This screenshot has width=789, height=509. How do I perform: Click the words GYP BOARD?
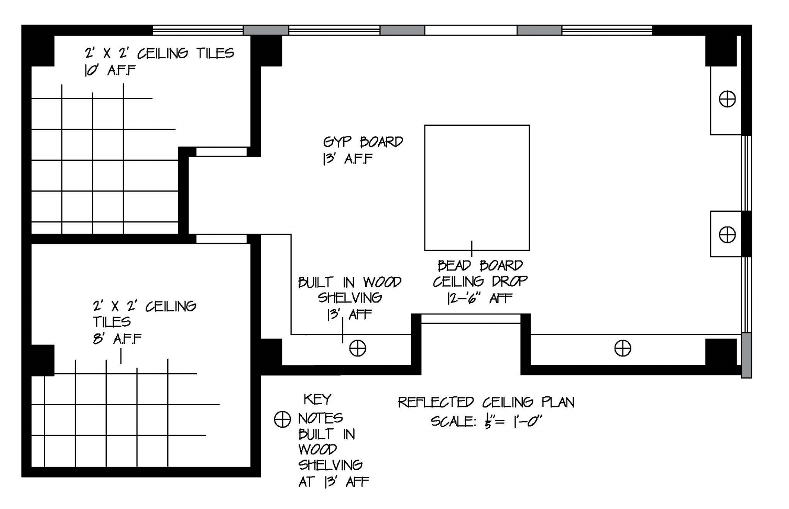363,142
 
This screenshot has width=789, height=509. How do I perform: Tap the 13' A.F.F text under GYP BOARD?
347,159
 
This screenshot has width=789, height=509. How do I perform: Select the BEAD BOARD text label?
480,265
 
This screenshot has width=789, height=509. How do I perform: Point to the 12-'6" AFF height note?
479,298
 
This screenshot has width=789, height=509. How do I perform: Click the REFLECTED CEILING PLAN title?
486,403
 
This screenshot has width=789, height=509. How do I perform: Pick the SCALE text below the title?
486,421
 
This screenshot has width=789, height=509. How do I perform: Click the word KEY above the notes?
317,399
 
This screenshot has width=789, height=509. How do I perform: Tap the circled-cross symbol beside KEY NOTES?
282,419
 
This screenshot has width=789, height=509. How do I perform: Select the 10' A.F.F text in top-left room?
109,70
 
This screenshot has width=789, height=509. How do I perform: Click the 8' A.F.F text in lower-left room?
117,339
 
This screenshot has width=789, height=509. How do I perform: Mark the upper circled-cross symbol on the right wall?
727,99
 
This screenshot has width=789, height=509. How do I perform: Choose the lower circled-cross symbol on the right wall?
727,234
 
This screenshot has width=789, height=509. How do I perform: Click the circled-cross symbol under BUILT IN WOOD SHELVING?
358,348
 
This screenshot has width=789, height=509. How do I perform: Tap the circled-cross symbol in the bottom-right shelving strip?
622,348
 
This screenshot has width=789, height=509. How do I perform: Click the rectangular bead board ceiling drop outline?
477,187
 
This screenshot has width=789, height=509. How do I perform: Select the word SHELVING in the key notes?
330,465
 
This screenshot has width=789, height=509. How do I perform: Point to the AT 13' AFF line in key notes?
333,482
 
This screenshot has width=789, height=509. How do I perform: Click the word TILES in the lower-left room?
112,322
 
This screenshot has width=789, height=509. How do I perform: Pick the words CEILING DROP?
480,281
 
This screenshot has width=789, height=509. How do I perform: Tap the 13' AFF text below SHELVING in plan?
349,315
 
